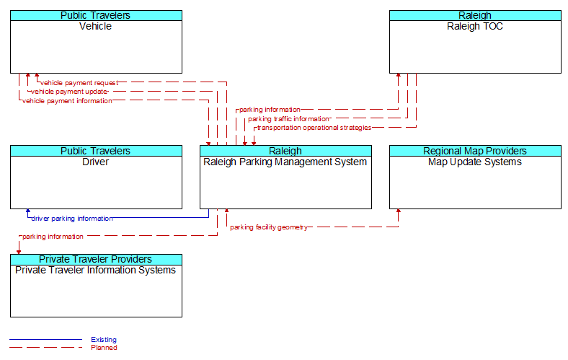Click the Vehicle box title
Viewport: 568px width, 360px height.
96,27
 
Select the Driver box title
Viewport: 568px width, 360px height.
96,162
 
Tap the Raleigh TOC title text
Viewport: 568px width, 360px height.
475,27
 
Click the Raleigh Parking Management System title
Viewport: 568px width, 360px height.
285,162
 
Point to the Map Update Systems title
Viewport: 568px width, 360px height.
475,162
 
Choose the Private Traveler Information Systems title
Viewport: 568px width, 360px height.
96,271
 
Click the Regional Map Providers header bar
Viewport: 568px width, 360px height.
475,151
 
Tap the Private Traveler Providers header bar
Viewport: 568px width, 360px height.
96,259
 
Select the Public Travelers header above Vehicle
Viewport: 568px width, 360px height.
96,15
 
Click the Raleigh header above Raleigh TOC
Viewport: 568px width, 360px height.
475,15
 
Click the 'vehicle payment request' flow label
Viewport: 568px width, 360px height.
79,83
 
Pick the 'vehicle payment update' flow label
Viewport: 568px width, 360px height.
69,92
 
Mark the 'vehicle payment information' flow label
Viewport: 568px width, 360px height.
67,101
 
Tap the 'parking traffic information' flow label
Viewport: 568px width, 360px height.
288,118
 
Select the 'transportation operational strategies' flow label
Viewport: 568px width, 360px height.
314,128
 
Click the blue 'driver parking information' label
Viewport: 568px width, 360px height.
72,218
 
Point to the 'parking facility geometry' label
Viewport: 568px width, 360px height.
269,227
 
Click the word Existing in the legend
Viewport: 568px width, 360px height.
104,340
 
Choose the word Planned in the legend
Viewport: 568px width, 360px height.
104,348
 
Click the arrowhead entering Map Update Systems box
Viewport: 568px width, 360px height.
399,212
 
